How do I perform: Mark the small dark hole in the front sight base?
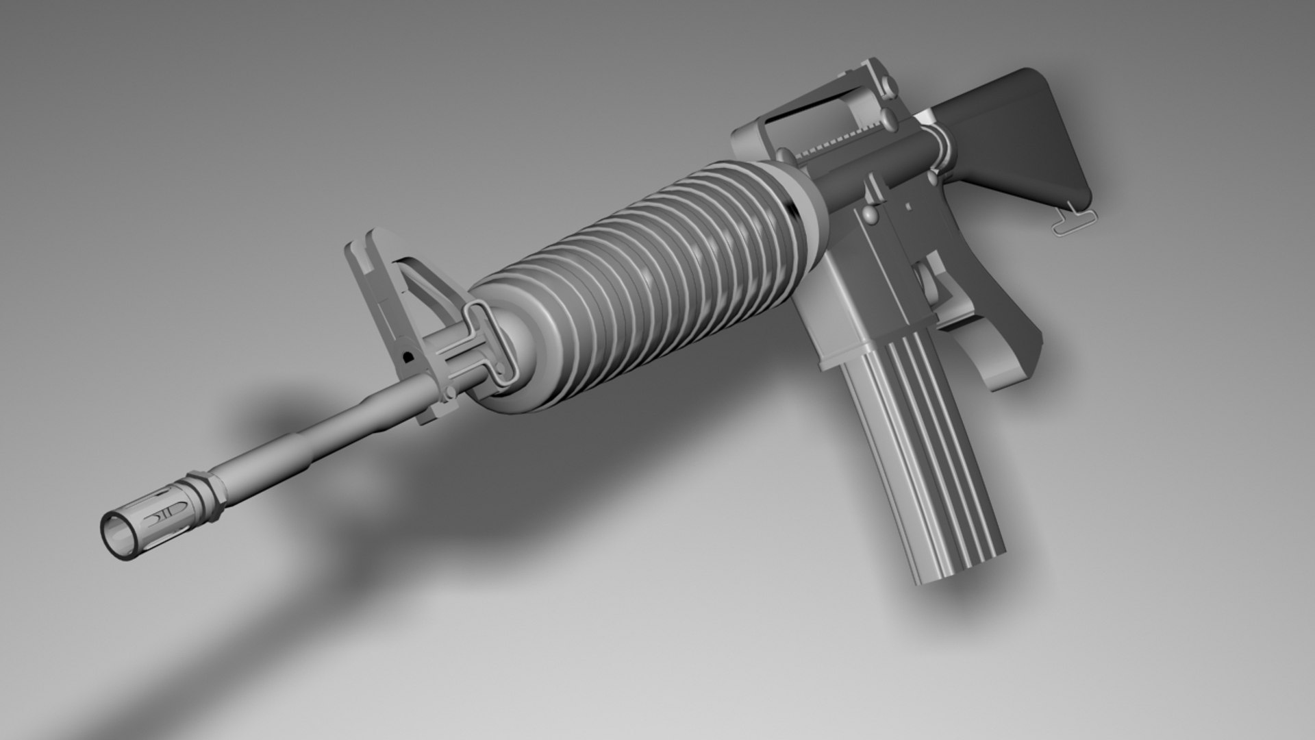click(x=409, y=356)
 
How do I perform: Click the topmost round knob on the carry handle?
click(x=888, y=84)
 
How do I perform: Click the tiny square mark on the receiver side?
click(x=908, y=205)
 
